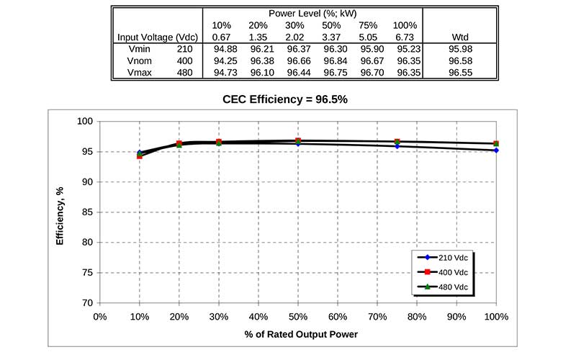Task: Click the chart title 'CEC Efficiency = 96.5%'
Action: coord(285,99)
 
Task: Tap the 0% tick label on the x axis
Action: coord(100,317)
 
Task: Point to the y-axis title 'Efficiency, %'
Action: coord(62,212)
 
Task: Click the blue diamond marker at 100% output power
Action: coord(496,150)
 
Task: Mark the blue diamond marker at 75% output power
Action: coord(397,146)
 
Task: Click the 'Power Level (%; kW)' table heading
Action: coord(313,13)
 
